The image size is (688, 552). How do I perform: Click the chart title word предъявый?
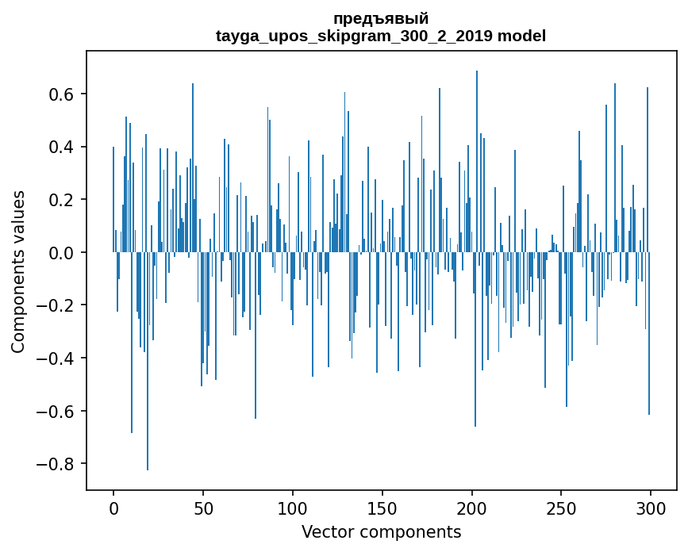(x=381, y=18)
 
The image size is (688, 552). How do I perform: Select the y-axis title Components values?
(x=17, y=271)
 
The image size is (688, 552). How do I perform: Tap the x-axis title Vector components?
(x=381, y=531)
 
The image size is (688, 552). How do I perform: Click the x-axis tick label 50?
(x=203, y=508)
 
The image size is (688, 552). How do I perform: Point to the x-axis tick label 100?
(x=293, y=508)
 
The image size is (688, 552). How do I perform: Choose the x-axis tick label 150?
(x=382, y=508)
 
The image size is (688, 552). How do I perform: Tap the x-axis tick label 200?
(x=472, y=508)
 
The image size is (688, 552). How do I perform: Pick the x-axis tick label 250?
(x=561, y=508)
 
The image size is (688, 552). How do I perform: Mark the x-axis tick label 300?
(x=651, y=508)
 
